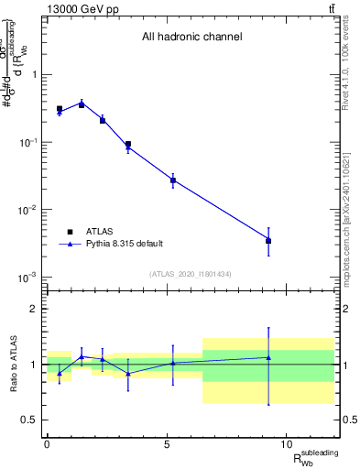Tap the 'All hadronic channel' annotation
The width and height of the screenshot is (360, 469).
pyautogui.click(x=191, y=38)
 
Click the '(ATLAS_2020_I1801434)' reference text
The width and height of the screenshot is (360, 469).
pyautogui.click(x=191, y=274)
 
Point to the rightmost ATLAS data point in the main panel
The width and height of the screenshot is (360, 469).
pyautogui.click(x=268, y=241)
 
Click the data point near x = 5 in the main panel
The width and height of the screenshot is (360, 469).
pyautogui.click(x=172, y=180)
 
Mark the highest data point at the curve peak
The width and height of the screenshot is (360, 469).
pyautogui.click(x=82, y=104)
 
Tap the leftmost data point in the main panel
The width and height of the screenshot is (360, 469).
pyautogui.click(x=60, y=109)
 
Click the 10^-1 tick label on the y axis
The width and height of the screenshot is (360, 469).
pyautogui.click(x=28, y=143)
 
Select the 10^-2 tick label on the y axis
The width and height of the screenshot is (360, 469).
pyautogui.click(x=28, y=210)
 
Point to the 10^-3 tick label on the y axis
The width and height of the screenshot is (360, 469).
pyautogui.click(x=28, y=277)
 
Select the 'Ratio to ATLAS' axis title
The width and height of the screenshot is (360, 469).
pyautogui.click(x=12, y=365)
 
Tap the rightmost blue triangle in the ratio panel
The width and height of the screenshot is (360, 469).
pyautogui.click(x=268, y=357)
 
